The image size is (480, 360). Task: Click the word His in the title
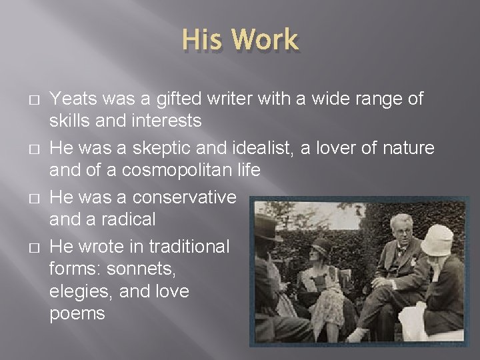coord(201,40)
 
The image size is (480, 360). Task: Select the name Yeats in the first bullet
coord(72,99)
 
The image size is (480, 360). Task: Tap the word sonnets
coord(149,269)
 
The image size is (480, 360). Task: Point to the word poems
coord(77,314)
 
